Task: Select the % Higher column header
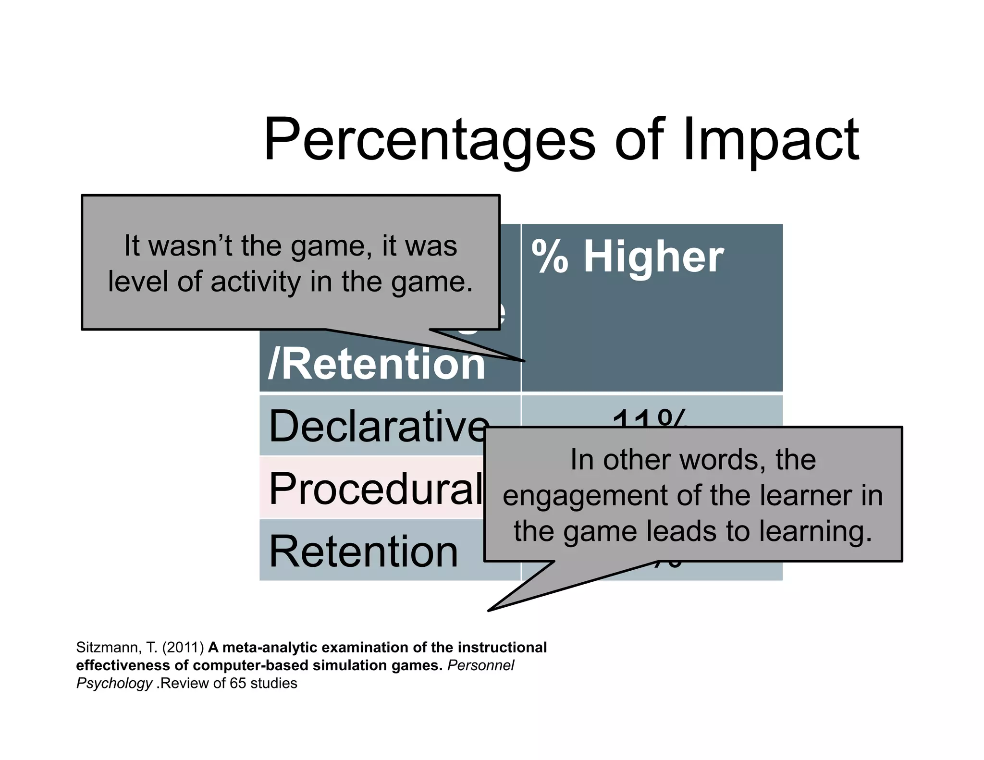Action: pos(627,257)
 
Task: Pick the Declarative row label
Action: pos(378,427)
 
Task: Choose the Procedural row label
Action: pos(375,488)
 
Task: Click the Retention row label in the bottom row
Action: pos(363,552)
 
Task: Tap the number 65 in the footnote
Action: pos(237,683)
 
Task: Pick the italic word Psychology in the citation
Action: pos(114,683)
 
